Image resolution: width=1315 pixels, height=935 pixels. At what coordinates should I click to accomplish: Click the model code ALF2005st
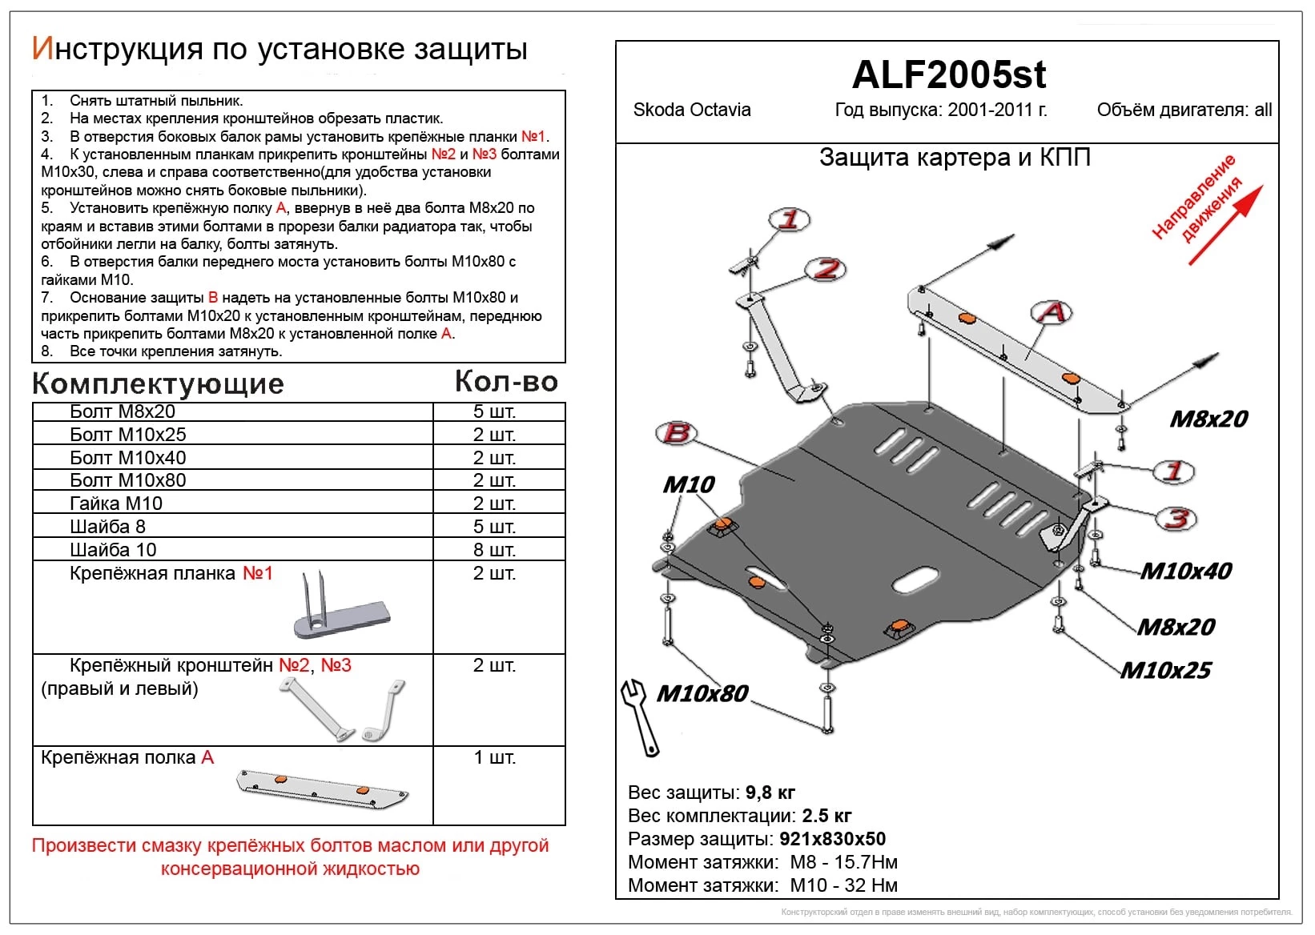[948, 75]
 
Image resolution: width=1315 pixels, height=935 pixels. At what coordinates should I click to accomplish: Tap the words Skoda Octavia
[691, 110]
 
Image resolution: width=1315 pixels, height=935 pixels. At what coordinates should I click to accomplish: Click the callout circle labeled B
[676, 433]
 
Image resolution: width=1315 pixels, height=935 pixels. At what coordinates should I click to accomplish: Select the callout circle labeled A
[1052, 311]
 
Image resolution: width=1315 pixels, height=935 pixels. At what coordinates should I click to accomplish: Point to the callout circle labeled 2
[826, 269]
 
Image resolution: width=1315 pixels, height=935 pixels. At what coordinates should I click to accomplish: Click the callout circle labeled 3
[1176, 518]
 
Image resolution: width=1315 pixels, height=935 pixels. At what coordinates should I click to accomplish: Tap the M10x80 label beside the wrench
[702, 693]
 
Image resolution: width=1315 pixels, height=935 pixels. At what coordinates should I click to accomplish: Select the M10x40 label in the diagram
[1185, 571]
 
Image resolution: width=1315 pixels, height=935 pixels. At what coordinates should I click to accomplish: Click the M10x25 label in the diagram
[1165, 670]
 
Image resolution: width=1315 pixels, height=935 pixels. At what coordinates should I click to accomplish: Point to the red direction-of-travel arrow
[1225, 225]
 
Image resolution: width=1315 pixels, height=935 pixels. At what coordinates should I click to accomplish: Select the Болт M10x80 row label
[128, 480]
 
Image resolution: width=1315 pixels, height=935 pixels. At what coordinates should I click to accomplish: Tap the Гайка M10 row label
[116, 504]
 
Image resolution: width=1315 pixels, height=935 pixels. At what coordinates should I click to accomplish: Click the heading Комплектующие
[158, 384]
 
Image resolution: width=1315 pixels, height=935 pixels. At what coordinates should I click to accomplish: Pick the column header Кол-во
[506, 382]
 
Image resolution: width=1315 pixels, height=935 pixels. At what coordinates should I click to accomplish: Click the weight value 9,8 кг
[770, 793]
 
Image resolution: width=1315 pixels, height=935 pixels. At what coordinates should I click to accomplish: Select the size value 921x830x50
[832, 839]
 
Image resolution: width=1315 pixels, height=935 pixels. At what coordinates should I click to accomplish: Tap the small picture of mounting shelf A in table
[322, 789]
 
